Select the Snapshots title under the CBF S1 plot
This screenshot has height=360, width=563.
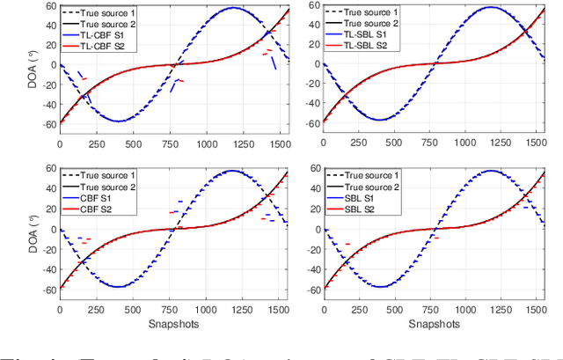pos(172,324)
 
